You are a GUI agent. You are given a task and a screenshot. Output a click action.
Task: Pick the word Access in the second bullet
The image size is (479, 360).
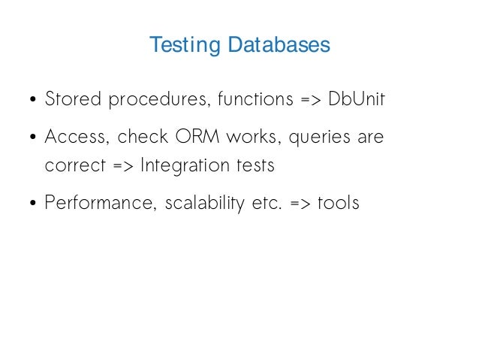tap(75, 138)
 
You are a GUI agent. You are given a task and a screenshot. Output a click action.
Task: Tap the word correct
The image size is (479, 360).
tap(70, 166)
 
